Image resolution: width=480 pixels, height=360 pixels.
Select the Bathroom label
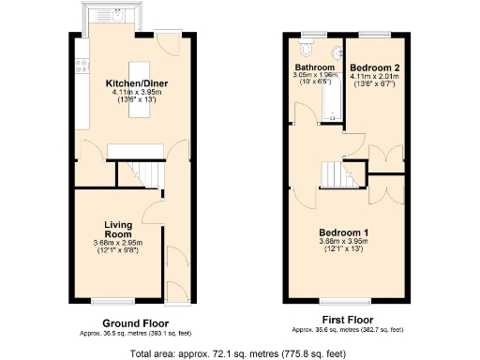pos(315,68)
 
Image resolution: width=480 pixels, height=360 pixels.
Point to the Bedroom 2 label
pos(375,68)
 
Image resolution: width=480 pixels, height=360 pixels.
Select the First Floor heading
pos(347,321)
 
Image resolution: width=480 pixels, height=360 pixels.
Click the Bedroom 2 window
pos(375,34)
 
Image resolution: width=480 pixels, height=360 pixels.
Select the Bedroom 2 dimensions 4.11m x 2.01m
pos(375,78)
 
